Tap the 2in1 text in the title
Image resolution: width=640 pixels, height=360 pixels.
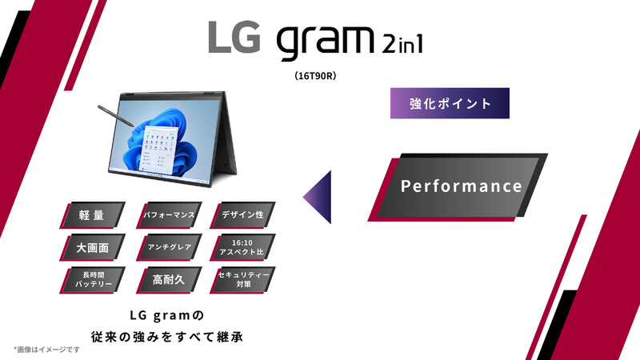coord(400,42)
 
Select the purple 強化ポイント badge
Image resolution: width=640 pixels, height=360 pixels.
coord(450,104)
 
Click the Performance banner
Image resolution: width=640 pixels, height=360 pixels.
coord(461,187)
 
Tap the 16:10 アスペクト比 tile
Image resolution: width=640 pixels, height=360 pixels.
coord(242,247)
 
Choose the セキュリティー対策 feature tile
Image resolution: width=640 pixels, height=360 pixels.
coord(242,280)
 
